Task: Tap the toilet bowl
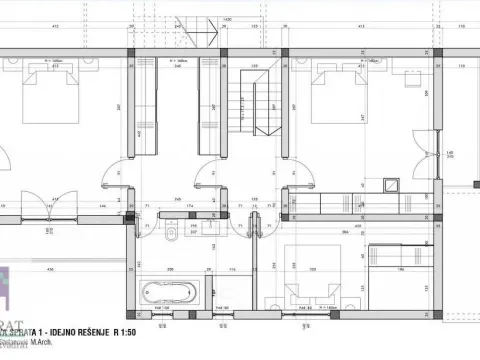click(171, 235)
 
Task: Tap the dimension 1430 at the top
click(227, 19)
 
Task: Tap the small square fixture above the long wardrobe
click(390, 184)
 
